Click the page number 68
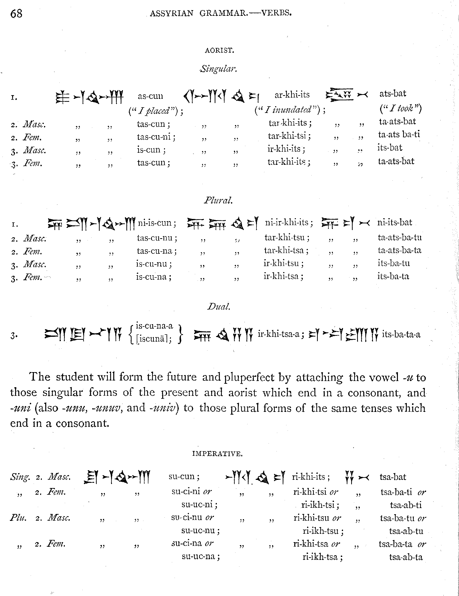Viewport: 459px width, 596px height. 16,13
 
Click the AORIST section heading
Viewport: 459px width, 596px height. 219,50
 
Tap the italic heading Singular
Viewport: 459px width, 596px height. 218,68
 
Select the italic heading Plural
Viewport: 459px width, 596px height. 218,200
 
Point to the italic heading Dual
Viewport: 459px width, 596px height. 218,306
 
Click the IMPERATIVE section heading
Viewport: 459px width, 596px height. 217,454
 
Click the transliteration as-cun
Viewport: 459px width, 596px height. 150,96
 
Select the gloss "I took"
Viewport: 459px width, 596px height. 401,109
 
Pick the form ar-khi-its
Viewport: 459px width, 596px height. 292,95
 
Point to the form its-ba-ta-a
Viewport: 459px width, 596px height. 401,334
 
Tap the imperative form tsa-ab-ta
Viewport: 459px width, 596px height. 406,557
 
